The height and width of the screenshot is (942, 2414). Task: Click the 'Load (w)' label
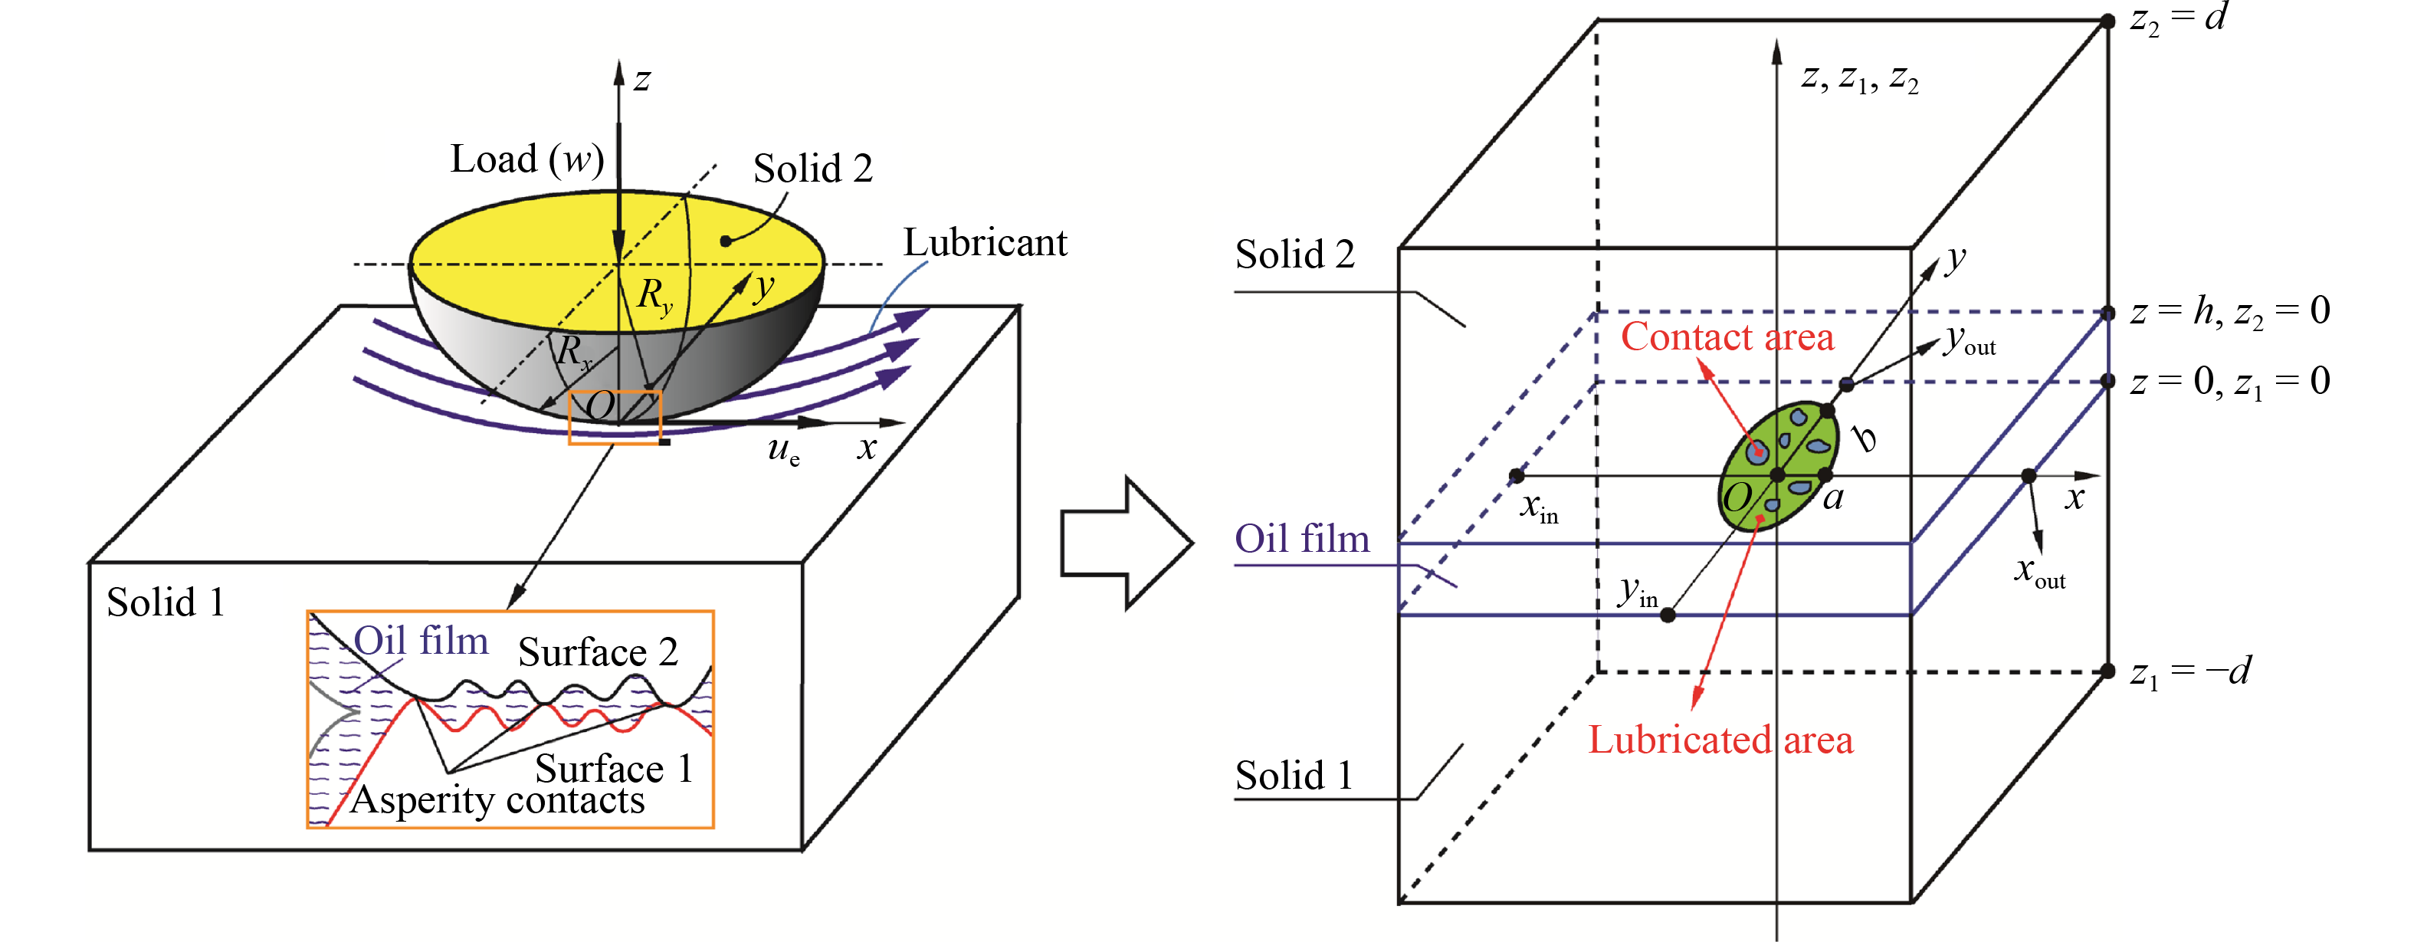526,160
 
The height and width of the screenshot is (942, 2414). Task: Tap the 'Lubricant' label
984,243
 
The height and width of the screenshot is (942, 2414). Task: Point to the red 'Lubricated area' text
1720,740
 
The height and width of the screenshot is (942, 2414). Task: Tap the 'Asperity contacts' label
497,800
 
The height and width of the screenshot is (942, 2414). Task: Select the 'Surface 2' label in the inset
597,652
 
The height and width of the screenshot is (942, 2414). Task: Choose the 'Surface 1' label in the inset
613,769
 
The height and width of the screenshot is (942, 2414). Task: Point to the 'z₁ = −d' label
2190,672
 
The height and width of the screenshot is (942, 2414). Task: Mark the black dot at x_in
1517,476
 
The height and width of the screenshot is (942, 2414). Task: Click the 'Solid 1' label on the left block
166,602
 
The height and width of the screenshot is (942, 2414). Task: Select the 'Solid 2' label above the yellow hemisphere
812,169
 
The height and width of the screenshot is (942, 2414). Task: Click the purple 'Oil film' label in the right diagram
1302,539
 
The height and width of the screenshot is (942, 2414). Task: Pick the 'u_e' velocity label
783,451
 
